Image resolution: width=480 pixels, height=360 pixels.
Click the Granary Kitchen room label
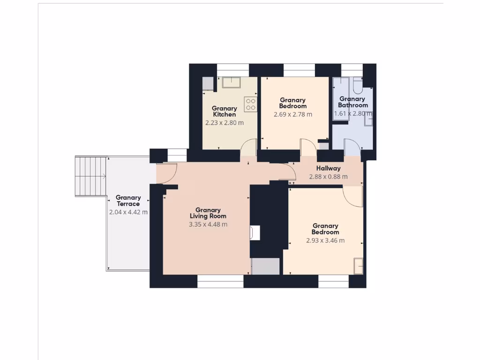point(224,112)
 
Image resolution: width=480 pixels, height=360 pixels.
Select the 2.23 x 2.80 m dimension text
point(224,123)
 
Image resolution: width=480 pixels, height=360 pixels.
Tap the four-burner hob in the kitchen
point(250,104)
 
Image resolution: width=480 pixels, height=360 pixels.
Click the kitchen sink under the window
point(231,82)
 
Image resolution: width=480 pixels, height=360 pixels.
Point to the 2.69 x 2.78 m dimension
point(292,114)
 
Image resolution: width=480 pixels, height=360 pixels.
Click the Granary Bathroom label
point(352,102)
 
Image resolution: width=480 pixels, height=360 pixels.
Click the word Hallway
point(328,168)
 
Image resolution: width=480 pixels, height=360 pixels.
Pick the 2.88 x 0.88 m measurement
point(328,177)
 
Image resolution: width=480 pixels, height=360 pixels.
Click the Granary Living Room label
point(208,213)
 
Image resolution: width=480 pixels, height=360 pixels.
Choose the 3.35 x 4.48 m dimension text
point(208,225)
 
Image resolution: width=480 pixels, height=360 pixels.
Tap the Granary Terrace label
point(128,201)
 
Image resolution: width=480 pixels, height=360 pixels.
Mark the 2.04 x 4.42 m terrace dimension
point(128,212)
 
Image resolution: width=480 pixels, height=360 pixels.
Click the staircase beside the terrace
point(90,177)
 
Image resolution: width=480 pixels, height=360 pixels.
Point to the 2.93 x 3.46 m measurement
point(325,240)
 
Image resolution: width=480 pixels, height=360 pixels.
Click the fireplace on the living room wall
point(255,233)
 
